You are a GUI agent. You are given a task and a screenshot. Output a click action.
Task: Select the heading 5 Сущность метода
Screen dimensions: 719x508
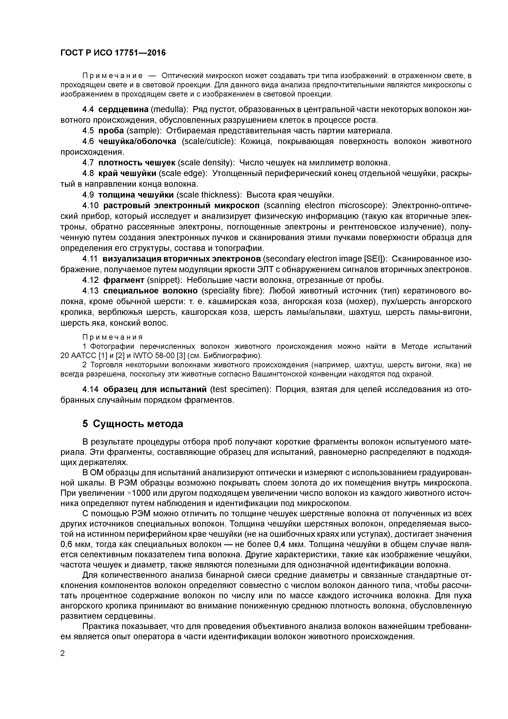point(133,424)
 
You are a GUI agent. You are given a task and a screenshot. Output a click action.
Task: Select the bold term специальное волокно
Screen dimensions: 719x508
point(150,291)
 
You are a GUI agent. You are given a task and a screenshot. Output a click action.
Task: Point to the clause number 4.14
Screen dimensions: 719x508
point(91,389)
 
